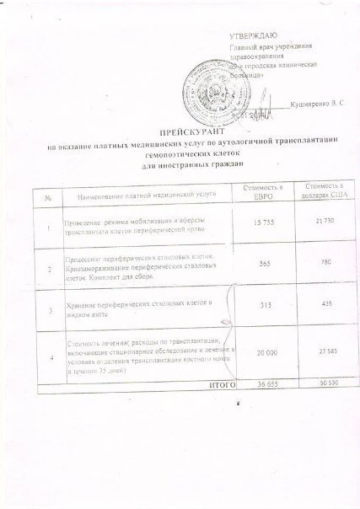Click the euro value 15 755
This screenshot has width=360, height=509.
(x=261, y=221)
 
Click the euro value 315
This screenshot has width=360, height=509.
(x=261, y=306)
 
